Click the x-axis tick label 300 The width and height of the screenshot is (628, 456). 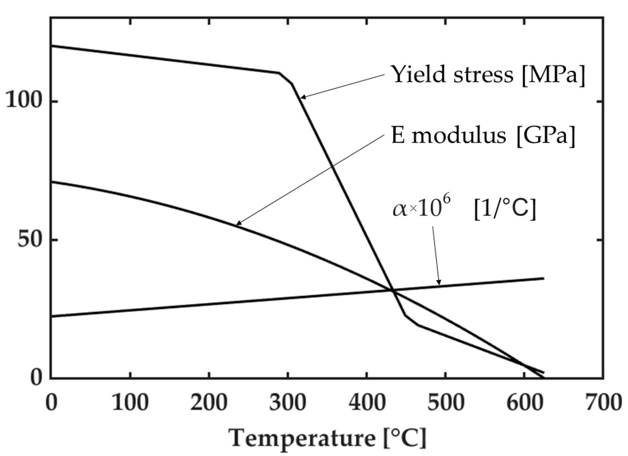[x=288, y=403]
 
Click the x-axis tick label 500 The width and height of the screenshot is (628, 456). [x=446, y=403]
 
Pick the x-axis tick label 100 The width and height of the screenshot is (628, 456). [x=130, y=403]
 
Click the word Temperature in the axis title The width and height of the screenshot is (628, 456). [x=303, y=438]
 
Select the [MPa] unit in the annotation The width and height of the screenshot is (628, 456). [x=553, y=75]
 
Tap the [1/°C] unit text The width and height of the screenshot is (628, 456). [x=505, y=209]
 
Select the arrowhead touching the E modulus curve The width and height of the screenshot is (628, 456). [x=238, y=223]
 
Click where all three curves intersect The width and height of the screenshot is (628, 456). [x=392, y=290]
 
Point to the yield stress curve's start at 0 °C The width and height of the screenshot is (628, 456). [x=52, y=46]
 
